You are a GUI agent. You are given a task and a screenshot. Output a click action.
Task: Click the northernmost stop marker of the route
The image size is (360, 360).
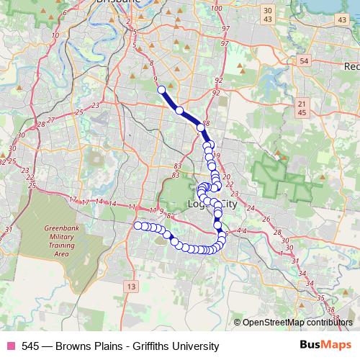pos(161,90)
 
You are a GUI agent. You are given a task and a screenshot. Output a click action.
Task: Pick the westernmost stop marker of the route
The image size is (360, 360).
pos(138,225)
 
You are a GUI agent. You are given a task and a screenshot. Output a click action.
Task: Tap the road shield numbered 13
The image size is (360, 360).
pos(130,287)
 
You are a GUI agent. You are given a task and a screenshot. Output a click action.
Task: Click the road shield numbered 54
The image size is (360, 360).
pos(303,61)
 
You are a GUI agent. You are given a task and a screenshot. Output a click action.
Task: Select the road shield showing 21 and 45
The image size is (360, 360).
pos(302,109)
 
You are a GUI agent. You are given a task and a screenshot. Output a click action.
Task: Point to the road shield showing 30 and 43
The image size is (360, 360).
pos(268,14)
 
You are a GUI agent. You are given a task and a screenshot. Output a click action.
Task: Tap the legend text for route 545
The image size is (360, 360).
pos(120,346)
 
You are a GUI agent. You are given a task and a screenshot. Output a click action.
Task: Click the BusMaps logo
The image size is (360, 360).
pos(320,346)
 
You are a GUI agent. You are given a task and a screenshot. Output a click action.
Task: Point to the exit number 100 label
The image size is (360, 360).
pos(217,8)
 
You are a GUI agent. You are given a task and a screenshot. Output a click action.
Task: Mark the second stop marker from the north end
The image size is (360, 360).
pos(179,110)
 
